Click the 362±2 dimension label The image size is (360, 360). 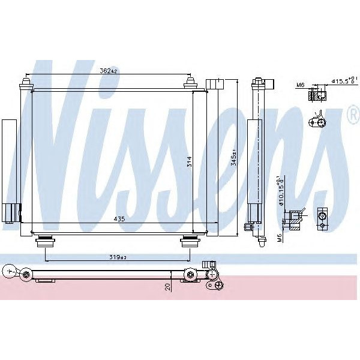coord(109,71)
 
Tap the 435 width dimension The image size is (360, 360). coord(119,220)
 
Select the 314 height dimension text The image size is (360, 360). coord(189,161)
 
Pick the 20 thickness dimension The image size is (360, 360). coord(169,287)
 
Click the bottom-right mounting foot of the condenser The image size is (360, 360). coord(190,241)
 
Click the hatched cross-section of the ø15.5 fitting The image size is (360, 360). coord(314,94)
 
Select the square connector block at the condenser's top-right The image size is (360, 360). coord(214,83)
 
